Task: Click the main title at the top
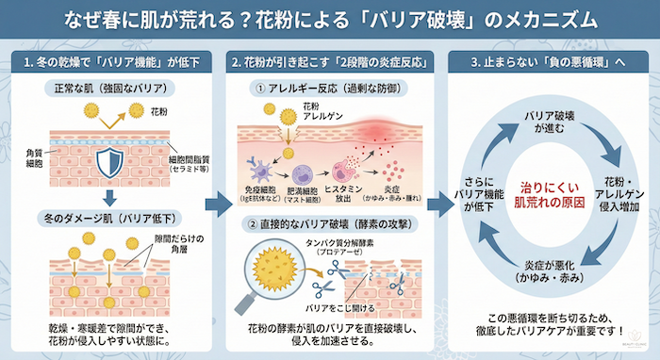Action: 330,18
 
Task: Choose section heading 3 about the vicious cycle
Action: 548,62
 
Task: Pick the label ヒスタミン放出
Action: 346,193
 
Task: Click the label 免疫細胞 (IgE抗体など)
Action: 256,193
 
